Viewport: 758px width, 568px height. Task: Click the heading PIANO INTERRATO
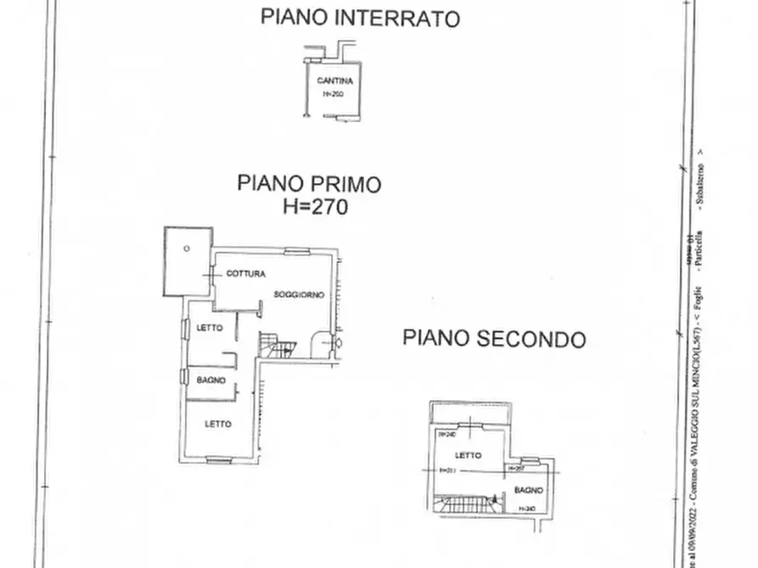tap(360, 18)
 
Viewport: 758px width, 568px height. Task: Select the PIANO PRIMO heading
tap(309, 183)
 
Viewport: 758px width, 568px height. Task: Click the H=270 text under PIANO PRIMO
tap(315, 206)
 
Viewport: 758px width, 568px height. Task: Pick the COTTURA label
tap(246, 274)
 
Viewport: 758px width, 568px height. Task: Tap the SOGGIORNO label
tap(299, 294)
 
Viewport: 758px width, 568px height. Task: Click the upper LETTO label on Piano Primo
tap(210, 327)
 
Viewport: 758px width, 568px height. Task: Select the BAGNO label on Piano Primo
tap(211, 381)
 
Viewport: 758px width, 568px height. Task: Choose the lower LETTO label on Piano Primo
tap(218, 423)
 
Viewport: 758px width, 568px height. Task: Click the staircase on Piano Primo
tap(278, 345)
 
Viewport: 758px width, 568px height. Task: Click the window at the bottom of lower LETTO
tap(219, 460)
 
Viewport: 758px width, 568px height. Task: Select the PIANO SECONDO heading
tap(493, 339)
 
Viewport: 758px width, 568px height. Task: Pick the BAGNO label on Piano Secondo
tap(527, 490)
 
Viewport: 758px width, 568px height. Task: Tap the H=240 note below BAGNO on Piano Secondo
tap(527, 508)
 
